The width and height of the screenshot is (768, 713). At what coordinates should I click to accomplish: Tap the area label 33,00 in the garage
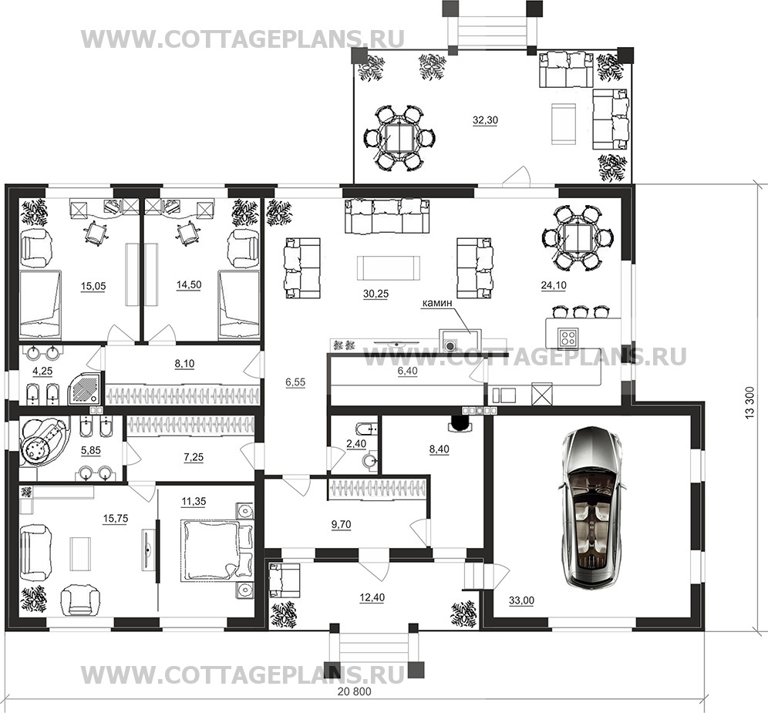[x=521, y=600]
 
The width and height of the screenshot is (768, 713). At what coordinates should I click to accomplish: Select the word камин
[x=436, y=304]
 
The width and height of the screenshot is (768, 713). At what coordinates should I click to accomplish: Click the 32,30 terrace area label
[x=485, y=120]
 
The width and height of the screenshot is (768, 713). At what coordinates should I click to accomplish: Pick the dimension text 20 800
[x=355, y=692]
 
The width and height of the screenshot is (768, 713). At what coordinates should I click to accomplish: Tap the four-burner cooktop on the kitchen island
[x=568, y=337]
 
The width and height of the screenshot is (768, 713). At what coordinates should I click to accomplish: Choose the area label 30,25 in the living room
[x=376, y=294]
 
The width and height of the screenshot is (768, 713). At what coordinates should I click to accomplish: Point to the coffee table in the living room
[x=389, y=267]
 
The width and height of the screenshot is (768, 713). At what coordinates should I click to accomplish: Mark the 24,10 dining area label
[x=554, y=285]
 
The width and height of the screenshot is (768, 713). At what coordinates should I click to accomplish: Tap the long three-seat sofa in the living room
[x=387, y=216]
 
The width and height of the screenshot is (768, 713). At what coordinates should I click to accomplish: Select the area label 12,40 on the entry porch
[x=372, y=597]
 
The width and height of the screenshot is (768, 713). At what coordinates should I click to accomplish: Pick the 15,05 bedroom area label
[x=93, y=286]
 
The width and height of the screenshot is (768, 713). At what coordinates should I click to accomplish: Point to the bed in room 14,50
[x=239, y=304]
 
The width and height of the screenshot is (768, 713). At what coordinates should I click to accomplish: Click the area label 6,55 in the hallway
[x=295, y=383]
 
